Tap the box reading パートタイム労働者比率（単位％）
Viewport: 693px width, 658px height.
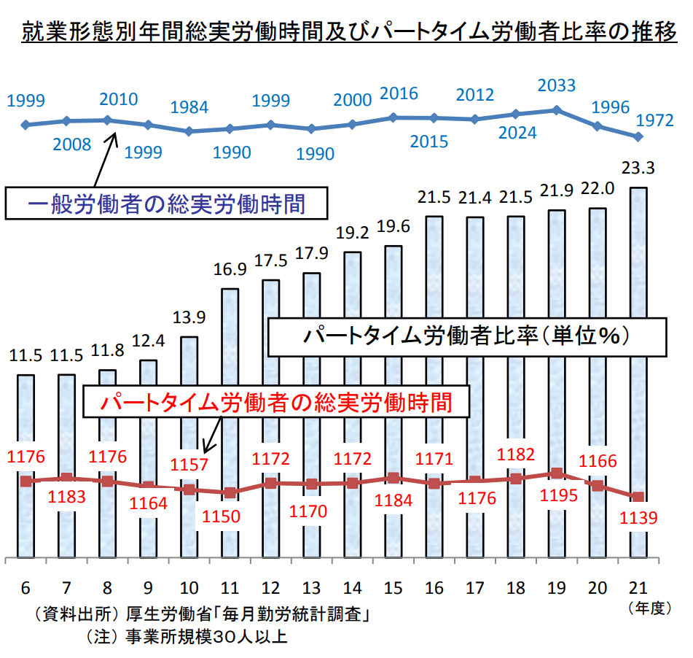click(x=466, y=336)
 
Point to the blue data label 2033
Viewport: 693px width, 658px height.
click(x=556, y=85)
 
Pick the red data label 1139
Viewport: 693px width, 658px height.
click(x=638, y=519)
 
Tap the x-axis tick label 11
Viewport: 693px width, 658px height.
click(x=230, y=588)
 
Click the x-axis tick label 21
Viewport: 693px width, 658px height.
click(x=638, y=588)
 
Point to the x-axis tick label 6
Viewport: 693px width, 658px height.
click(x=26, y=588)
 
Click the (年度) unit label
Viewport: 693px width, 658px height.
click(x=649, y=608)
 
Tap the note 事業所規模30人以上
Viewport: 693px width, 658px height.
click(x=186, y=636)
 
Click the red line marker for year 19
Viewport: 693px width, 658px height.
click(x=557, y=473)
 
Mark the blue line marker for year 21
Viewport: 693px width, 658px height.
click(x=638, y=136)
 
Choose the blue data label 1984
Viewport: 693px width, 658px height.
click(x=189, y=107)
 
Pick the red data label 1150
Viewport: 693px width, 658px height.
click(x=230, y=516)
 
